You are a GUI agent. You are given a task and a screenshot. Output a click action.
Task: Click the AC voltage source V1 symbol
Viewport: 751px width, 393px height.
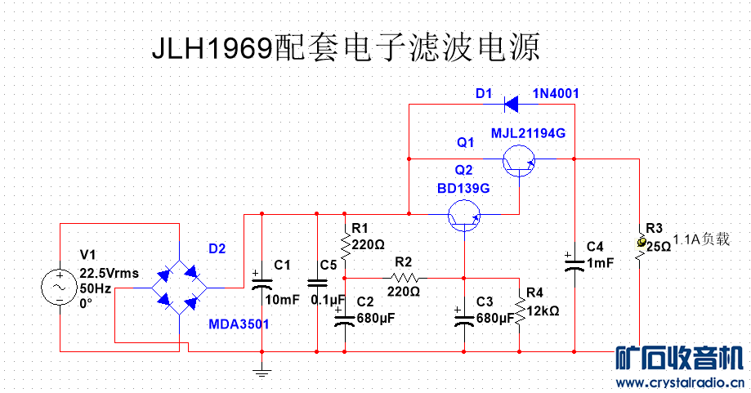[60, 287]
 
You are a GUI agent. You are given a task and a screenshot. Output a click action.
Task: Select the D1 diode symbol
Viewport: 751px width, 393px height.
[512, 104]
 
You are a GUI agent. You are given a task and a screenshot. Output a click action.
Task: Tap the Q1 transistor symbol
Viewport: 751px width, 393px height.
[518, 160]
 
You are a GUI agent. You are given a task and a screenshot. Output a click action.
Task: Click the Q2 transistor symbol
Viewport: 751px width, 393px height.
[463, 217]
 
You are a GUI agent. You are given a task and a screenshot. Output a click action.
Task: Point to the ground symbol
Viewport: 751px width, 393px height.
[262, 373]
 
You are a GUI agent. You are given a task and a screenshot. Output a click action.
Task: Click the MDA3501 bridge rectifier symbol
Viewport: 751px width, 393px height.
[177, 287]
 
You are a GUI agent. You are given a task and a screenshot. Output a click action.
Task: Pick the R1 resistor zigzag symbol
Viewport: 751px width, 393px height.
[345, 245]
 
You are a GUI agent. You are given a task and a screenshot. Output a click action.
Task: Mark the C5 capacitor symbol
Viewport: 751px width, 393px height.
[317, 283]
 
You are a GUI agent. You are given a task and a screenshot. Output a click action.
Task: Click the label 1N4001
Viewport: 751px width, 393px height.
[556, 94]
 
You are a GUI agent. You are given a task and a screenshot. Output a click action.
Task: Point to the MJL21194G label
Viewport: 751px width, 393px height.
[528, 133]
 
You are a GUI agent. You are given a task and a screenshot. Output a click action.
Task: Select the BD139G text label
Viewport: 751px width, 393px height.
[463, 188]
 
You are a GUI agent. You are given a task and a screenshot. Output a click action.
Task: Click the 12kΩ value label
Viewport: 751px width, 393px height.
[543, 311]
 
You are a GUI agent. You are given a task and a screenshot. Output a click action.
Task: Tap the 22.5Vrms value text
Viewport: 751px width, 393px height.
[110, 273]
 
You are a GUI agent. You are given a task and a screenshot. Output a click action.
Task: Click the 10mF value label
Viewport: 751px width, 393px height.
[284, 300]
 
